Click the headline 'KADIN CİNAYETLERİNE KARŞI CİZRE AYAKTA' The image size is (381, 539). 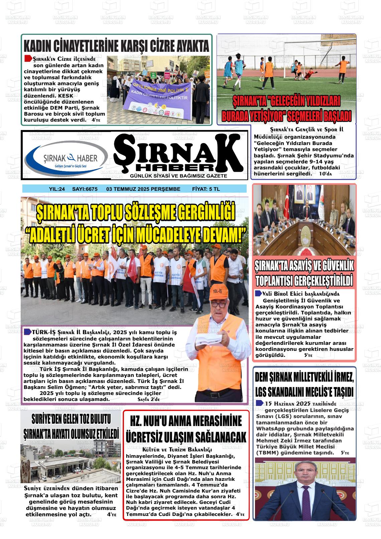click(116, 45)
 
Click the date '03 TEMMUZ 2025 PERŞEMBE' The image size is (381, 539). click(143, 189)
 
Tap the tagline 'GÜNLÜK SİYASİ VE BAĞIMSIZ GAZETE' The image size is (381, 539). click(178, 176)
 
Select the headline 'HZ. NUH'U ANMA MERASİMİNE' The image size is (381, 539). click(186, 422)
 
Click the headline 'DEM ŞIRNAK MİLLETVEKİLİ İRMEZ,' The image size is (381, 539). click(304, 378)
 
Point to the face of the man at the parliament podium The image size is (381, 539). click(304, 473)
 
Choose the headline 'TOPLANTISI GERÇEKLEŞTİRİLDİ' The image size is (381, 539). click(304, 280)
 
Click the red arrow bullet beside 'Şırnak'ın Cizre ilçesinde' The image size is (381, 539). click(28, 58)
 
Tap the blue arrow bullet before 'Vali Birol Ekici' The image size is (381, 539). click(258, 294)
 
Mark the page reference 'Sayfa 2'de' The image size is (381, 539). click(149, 399)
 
